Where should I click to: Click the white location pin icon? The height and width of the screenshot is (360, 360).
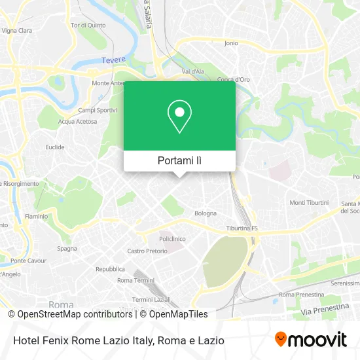[179, 116]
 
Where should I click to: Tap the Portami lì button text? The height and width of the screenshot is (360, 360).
[179, 160]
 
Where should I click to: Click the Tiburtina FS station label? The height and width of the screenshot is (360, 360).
[242, 228]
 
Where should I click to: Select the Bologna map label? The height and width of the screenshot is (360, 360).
[205, 213]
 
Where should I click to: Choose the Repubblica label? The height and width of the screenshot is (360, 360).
[110, 269]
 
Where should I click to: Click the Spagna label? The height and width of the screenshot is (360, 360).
[67, 248]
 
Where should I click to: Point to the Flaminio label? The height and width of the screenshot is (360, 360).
[37, 216]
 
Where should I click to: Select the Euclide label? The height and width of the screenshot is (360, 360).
[54, 147]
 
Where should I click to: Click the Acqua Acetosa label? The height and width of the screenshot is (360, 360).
[77, 121]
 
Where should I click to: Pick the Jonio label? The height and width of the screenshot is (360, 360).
[231, 43]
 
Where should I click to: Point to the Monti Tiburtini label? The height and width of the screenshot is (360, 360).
[309, 203]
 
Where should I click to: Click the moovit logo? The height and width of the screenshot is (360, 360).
[310, 340]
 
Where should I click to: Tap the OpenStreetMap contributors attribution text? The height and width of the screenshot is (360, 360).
[75, 314]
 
